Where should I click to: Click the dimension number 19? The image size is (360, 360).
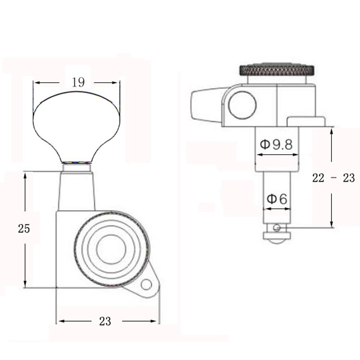(78, 82)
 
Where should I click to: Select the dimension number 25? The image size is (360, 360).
(24, 229)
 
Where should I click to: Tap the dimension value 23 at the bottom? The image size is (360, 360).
(105, 321)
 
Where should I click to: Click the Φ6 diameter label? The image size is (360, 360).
(277, 199)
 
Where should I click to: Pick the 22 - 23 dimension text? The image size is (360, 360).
(333, 178)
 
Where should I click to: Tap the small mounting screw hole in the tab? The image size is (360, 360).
(146, 285)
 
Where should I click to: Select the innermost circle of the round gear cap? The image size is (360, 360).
(111, 248)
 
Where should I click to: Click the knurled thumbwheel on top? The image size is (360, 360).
(277, 70)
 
